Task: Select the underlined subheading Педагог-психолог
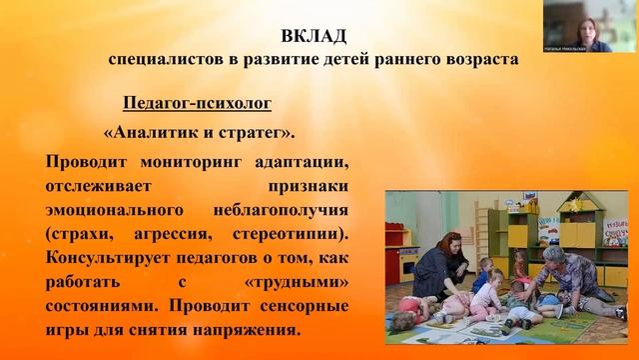click(196, 103)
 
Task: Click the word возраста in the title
click(470, 59)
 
